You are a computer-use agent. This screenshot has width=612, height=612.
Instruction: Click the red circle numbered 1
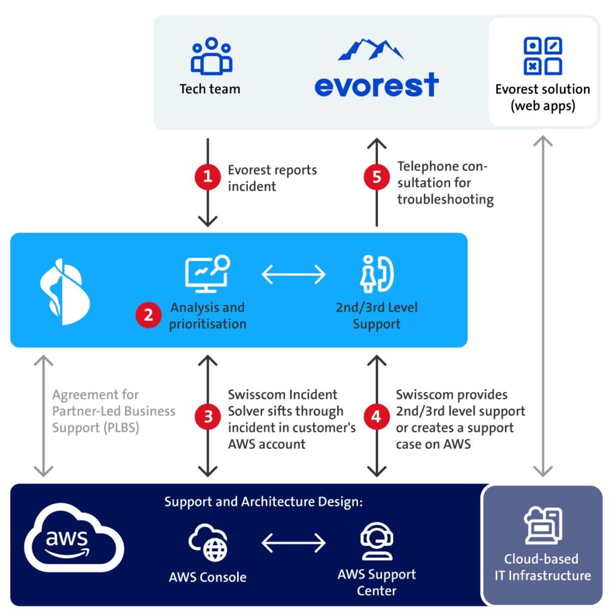207,177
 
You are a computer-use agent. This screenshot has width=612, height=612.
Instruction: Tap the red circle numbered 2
148,315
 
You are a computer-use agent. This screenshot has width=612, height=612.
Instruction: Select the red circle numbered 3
207,417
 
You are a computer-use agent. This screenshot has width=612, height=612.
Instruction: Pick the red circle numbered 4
377,417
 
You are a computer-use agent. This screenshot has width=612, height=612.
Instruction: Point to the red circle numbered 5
377,177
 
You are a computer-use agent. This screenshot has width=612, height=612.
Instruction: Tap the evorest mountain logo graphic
371,50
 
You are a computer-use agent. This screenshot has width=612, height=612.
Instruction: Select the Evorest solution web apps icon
543,56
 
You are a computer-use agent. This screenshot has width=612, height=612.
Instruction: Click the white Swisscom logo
65,292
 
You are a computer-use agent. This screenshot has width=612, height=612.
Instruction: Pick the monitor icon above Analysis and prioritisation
207,274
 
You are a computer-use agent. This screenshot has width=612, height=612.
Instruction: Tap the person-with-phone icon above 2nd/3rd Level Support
377,274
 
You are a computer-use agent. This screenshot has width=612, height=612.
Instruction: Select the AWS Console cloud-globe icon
207,543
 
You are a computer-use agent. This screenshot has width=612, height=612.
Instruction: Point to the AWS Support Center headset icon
377,541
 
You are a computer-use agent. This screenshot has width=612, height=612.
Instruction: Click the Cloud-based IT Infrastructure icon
543,525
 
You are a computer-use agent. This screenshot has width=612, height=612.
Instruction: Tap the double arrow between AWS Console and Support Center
293,543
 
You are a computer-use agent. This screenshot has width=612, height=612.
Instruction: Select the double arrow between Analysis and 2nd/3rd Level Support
293,274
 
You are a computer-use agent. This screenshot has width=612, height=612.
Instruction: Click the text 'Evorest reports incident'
272,178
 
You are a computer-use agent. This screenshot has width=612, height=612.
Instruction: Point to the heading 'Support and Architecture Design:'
264,502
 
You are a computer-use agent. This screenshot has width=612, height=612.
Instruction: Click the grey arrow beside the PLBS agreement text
43,416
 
